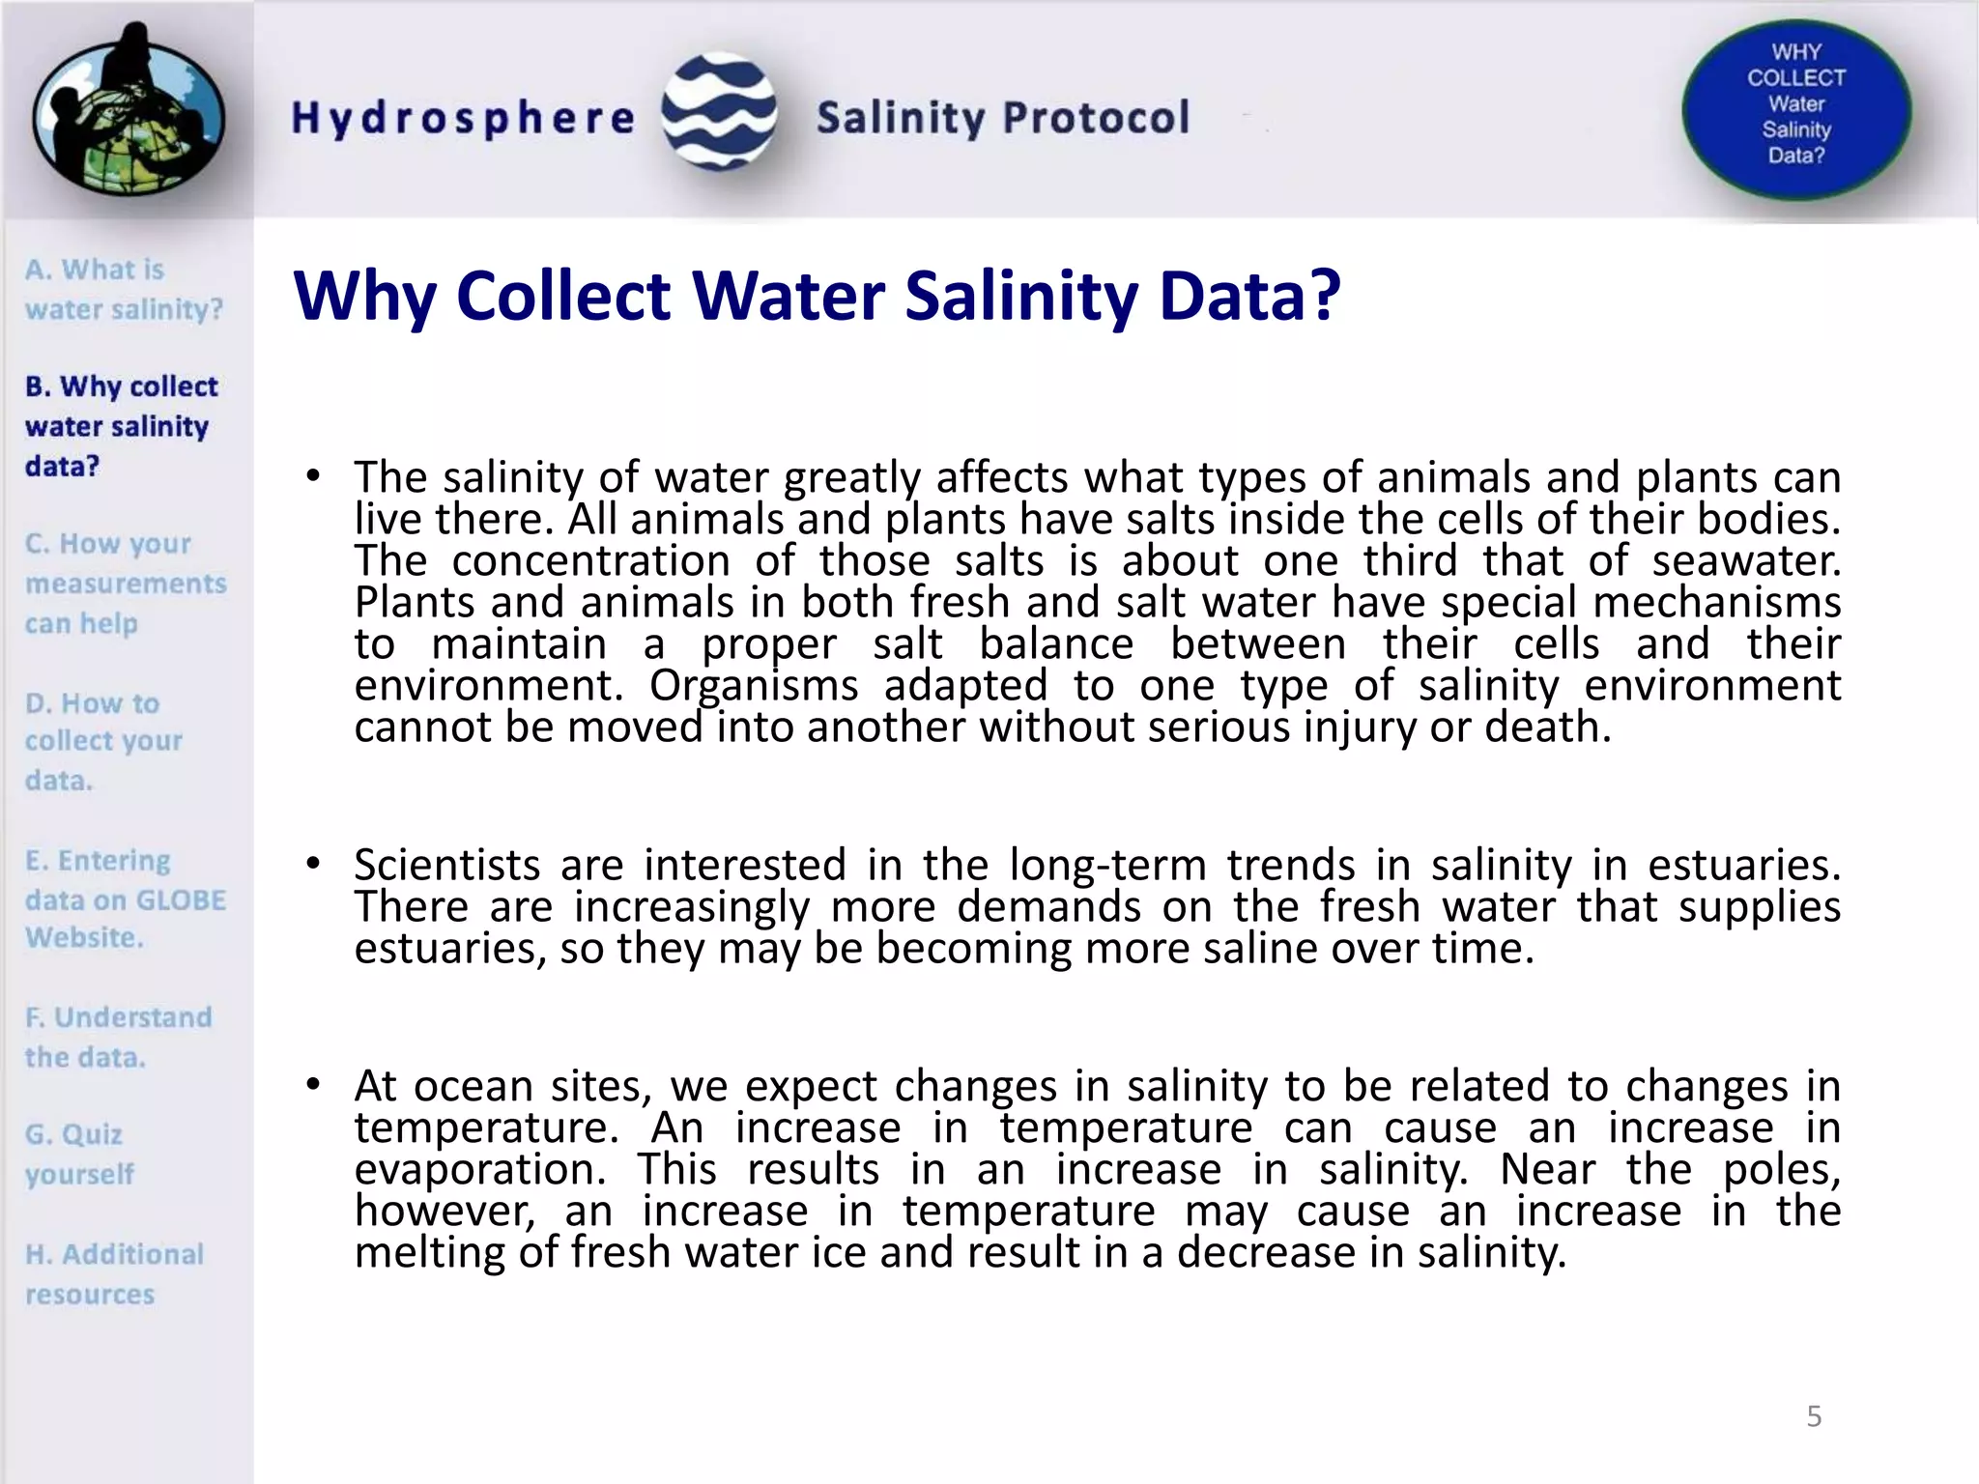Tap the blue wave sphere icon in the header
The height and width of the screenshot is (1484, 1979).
pyautogui.click(x=719, y=112)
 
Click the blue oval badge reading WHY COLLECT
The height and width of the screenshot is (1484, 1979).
pyautogui.click(x=1795, y=108)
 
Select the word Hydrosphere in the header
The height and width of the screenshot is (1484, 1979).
pyautogui.click(x=463, y=118)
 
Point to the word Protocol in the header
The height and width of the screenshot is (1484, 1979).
pyautogui.click(x=1096, y=118)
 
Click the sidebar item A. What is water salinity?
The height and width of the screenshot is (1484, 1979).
pyautogui.click(x=124, y=289)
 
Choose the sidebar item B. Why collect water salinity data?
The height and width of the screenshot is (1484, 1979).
pyautogui.click(x=121, y=426)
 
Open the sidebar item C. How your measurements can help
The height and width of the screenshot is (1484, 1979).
pyautogui.click(x=126, y=584)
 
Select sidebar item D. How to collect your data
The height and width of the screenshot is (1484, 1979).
pyautogui.click(x=103, y=741)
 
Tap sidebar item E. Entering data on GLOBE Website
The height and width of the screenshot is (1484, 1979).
pyautogui.click(x=126, y=899)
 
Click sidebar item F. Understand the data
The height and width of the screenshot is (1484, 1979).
pyautogui.click(x=118, y=1037)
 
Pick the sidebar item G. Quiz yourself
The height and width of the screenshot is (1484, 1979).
pyautogui.click(x=79, y=1154)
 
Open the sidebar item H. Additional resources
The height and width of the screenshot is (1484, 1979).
pyautogui.click(x=114, y=1273)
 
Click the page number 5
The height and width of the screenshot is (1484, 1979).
pyautogui.click(x=1814, y=1416)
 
